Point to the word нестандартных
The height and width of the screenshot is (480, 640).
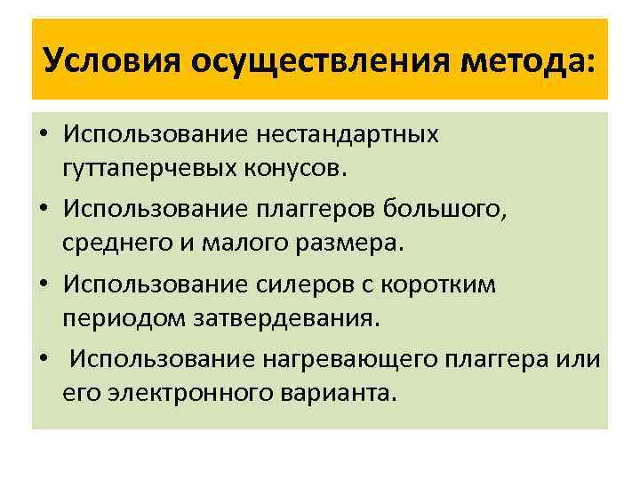tap(347, 135)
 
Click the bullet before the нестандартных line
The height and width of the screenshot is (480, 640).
tap(43, 135)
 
